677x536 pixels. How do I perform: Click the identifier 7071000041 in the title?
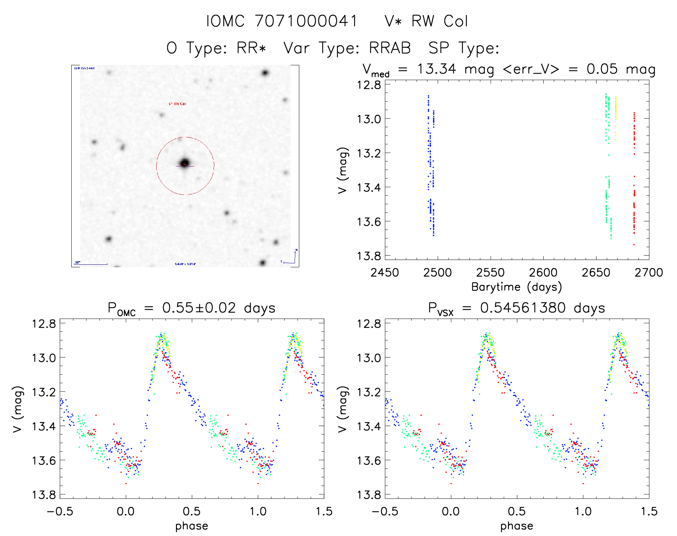pos(306,21)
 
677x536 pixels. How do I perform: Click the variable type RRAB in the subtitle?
pos(390,48)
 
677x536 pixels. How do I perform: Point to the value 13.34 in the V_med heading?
pos(437,69)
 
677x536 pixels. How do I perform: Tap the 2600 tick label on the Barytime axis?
pos(543,273)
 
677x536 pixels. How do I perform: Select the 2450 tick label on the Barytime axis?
pos(385,273)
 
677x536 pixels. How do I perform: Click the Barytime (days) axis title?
pos(516,287)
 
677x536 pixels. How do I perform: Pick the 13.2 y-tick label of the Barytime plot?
pos(368,153)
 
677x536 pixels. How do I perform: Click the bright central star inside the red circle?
pos(185,163)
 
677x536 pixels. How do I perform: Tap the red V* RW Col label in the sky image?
pos(177,104)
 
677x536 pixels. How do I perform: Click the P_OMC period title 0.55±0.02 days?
pos(191,308)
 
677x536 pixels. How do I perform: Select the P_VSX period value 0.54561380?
pos(523,308)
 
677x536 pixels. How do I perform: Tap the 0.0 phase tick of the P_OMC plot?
pos(126,512)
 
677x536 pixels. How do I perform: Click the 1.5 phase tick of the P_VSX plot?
pos(649,512)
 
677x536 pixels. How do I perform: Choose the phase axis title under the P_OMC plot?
pos(191,526)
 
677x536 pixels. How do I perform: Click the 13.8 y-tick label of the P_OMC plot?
pos(44,495)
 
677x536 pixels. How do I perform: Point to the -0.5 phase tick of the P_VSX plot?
pos(385,512)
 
